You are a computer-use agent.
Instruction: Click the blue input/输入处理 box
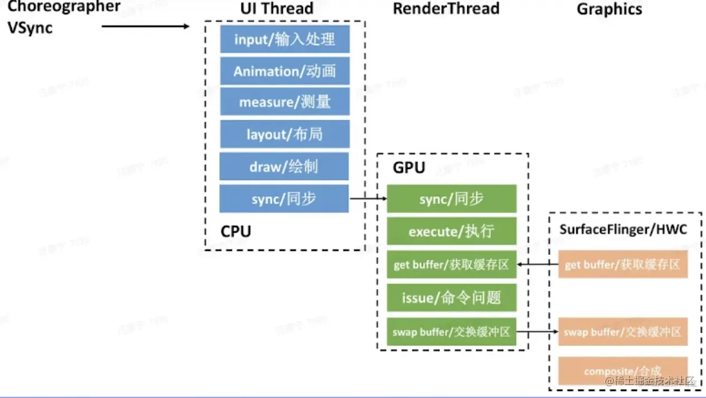(285, 39)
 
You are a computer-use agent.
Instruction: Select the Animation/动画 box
(285, 71)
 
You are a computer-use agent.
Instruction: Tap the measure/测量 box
(285, 102)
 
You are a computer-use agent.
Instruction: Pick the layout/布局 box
(285, 134)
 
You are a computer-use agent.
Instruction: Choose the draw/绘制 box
(284, 166)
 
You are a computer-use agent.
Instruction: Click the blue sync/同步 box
(284, 198)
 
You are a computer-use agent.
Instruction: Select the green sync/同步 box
(451, 199)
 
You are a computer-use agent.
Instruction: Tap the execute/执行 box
(451, 231)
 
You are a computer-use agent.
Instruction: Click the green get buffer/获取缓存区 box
(451, 264)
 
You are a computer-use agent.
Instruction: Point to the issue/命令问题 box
(451, 297)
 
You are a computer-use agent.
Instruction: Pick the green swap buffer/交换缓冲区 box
(451, 331)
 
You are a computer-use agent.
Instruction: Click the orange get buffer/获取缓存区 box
(623, 264)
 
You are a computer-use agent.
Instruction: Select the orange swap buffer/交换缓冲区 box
(623, 331)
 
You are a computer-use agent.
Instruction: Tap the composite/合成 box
(623, 371)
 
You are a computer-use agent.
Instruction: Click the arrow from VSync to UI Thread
(146, 26)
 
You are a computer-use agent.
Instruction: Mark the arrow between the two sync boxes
(368, 198)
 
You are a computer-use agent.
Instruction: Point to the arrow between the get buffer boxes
(537, 264)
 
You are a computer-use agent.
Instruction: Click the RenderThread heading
(446, 8)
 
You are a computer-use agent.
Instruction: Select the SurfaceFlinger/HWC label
(623, 229)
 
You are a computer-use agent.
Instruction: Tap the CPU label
(236, 231)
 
